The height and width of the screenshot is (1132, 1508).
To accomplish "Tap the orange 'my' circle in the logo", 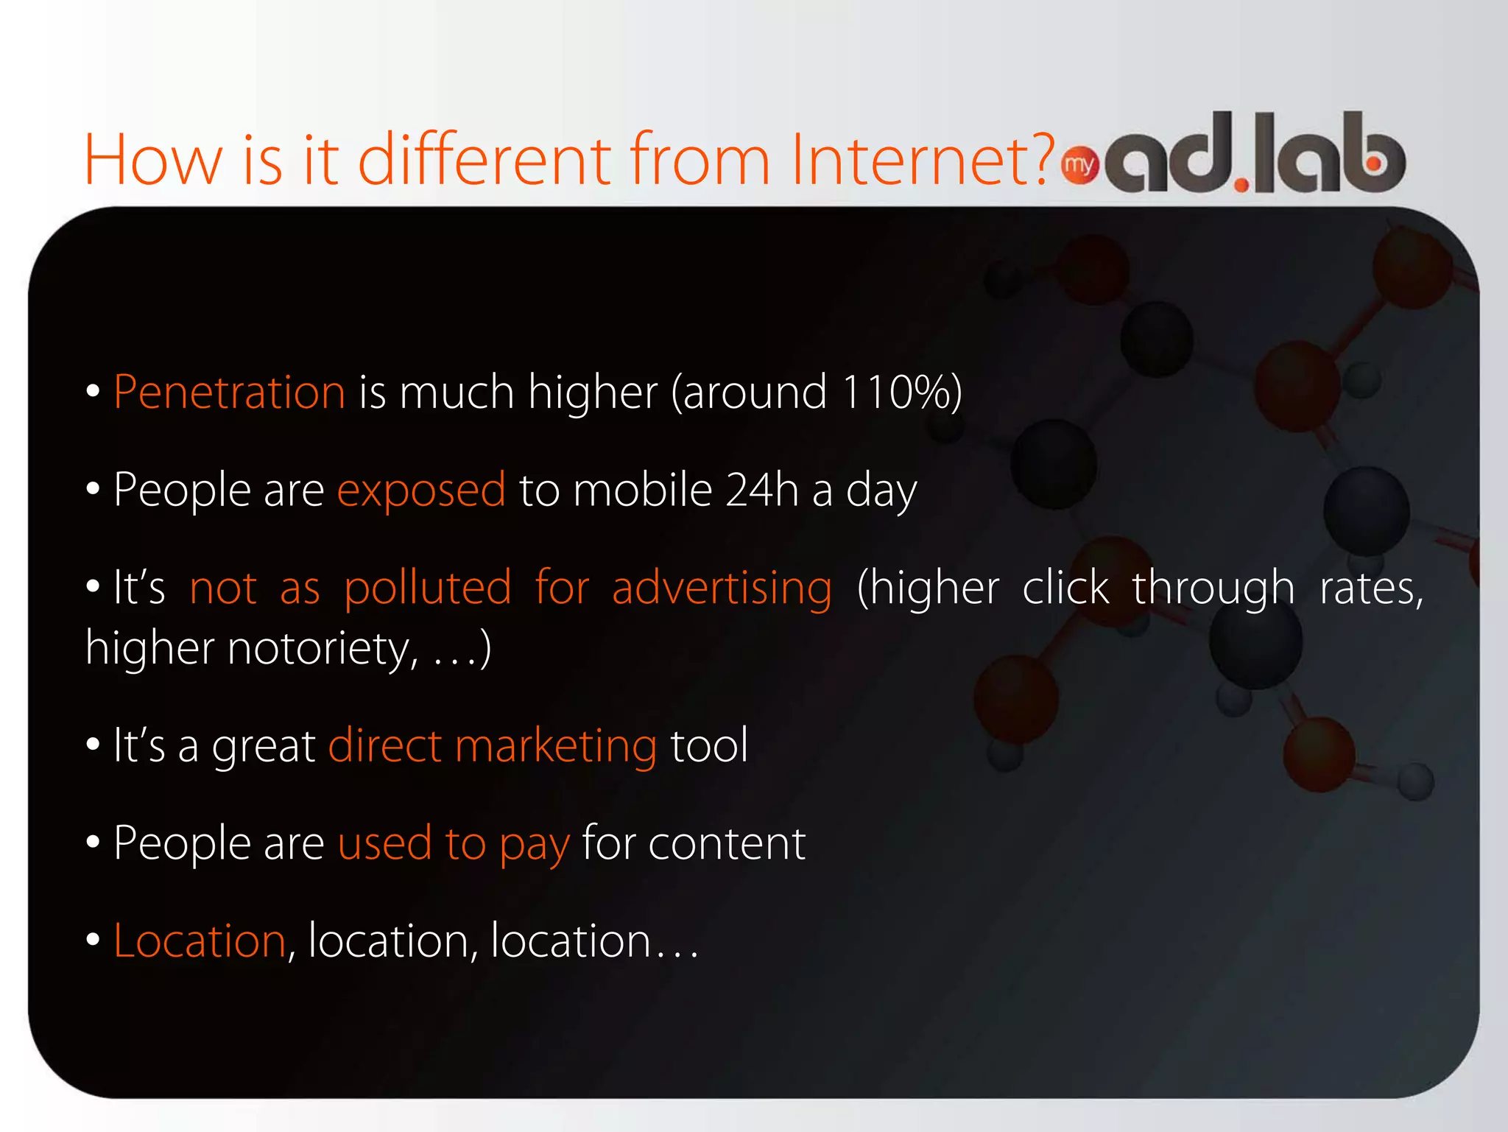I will [x=1079, y=165].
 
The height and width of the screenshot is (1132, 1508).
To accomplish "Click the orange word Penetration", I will [x=229, y=392].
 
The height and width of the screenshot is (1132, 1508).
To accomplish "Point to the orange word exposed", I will [x=421, y=491].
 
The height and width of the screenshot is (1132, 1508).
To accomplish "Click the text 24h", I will [x=761, y=490].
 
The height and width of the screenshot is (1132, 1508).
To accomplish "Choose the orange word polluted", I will [x=427, y=588].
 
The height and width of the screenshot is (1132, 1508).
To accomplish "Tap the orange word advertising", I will [x=722, y=588].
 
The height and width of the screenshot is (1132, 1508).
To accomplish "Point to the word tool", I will [x=709, y=745].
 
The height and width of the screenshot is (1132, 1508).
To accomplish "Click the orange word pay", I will [x=534, y=845].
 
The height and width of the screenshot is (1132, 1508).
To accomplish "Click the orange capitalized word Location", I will [x=200, y=941].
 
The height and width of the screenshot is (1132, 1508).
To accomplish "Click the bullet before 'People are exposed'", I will [x=93, y=489].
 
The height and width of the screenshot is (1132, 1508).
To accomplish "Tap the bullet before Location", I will [x=93, y=941].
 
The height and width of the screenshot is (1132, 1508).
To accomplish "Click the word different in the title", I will [x=485, y=159].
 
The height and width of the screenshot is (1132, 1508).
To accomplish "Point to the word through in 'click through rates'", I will [x=1213, y=588].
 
